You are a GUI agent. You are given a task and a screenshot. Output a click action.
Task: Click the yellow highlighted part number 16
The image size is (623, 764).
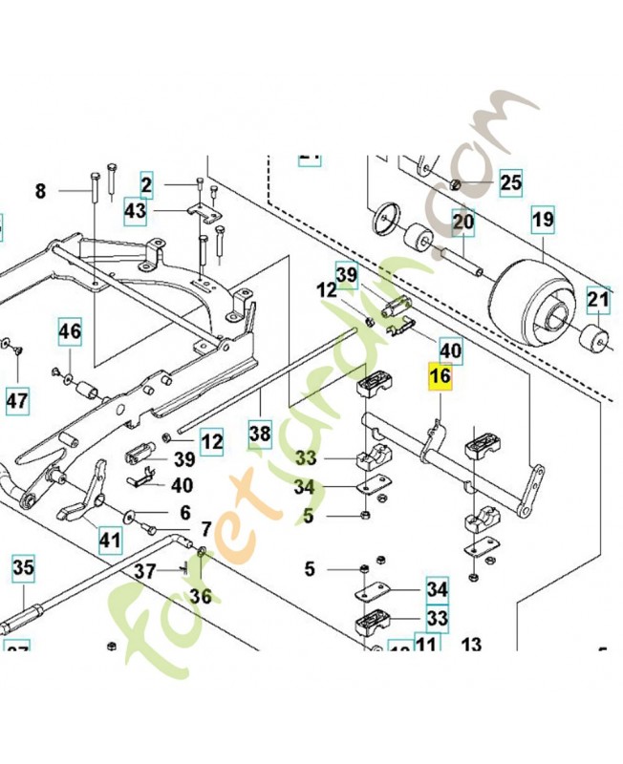pos(440,376)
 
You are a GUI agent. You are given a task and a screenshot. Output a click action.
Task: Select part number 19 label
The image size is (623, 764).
pos(543,221)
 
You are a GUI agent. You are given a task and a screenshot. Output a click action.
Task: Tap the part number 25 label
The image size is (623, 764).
pos(511,181)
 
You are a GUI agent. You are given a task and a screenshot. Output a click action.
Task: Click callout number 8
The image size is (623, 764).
pos(40,191)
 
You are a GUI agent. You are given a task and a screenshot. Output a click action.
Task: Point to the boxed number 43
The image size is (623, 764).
pos(135,211)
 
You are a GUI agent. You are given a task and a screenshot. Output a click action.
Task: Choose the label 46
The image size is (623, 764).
pos(70,332)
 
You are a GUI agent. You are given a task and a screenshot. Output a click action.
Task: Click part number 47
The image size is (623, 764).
pos(16,400)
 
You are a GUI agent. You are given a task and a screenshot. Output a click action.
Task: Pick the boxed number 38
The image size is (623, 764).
pos(260,433)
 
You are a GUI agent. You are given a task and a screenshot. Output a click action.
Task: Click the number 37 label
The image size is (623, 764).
pos(143,571)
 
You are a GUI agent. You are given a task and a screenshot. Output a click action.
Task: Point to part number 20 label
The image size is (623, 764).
pos(463,223)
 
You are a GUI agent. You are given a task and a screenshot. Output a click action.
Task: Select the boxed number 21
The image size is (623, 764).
pos(598,303)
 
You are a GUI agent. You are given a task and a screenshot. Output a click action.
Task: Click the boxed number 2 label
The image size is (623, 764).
pos(146,183)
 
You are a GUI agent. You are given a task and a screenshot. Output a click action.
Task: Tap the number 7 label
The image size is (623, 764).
pos(205,529)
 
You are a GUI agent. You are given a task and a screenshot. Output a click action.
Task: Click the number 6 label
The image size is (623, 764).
pos(185,512)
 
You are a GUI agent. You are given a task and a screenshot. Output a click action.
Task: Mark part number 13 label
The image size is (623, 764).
pos(472,645)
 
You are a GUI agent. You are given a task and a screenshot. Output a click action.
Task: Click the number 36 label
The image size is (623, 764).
pos(200,597)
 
